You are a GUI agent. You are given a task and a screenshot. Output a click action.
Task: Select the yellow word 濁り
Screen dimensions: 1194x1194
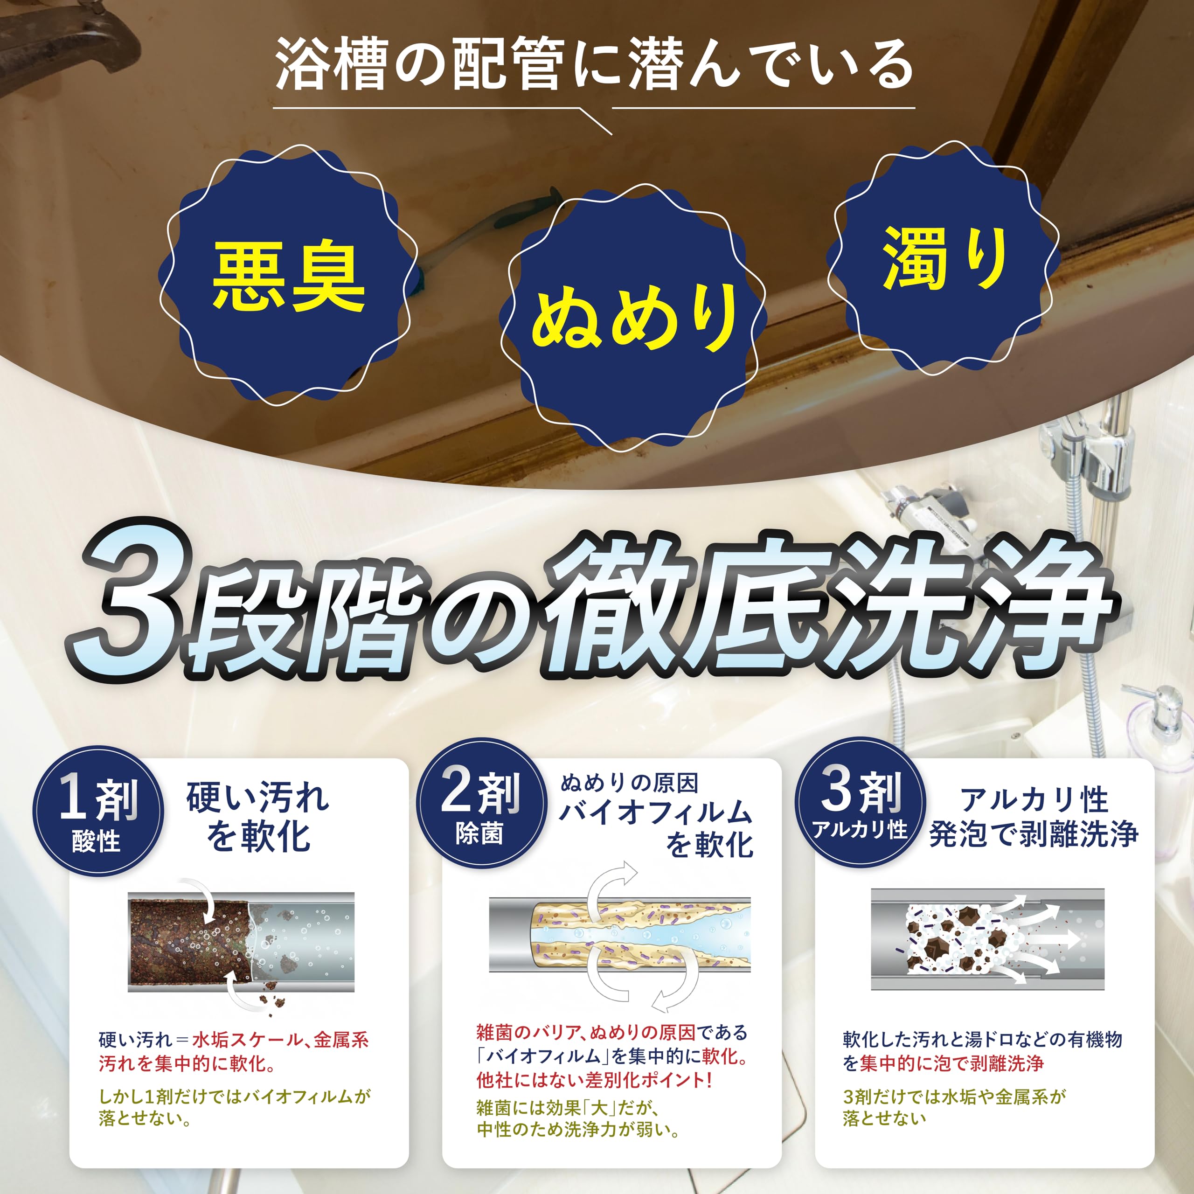pyautogui.click(x=945, y=258)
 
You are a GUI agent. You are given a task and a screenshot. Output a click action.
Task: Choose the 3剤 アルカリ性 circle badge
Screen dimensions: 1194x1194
pyautogui.click(x=860, y=804)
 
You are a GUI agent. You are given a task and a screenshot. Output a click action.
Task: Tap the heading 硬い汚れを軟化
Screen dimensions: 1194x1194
pyautogui.click(x=258, y=817)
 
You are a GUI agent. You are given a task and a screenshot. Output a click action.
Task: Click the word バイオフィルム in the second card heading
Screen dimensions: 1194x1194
pyautogui.click(x=655, y=812)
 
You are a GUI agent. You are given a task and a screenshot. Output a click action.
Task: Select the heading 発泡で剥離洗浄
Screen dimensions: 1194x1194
pyautogui.click(x=1033, y=833)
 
